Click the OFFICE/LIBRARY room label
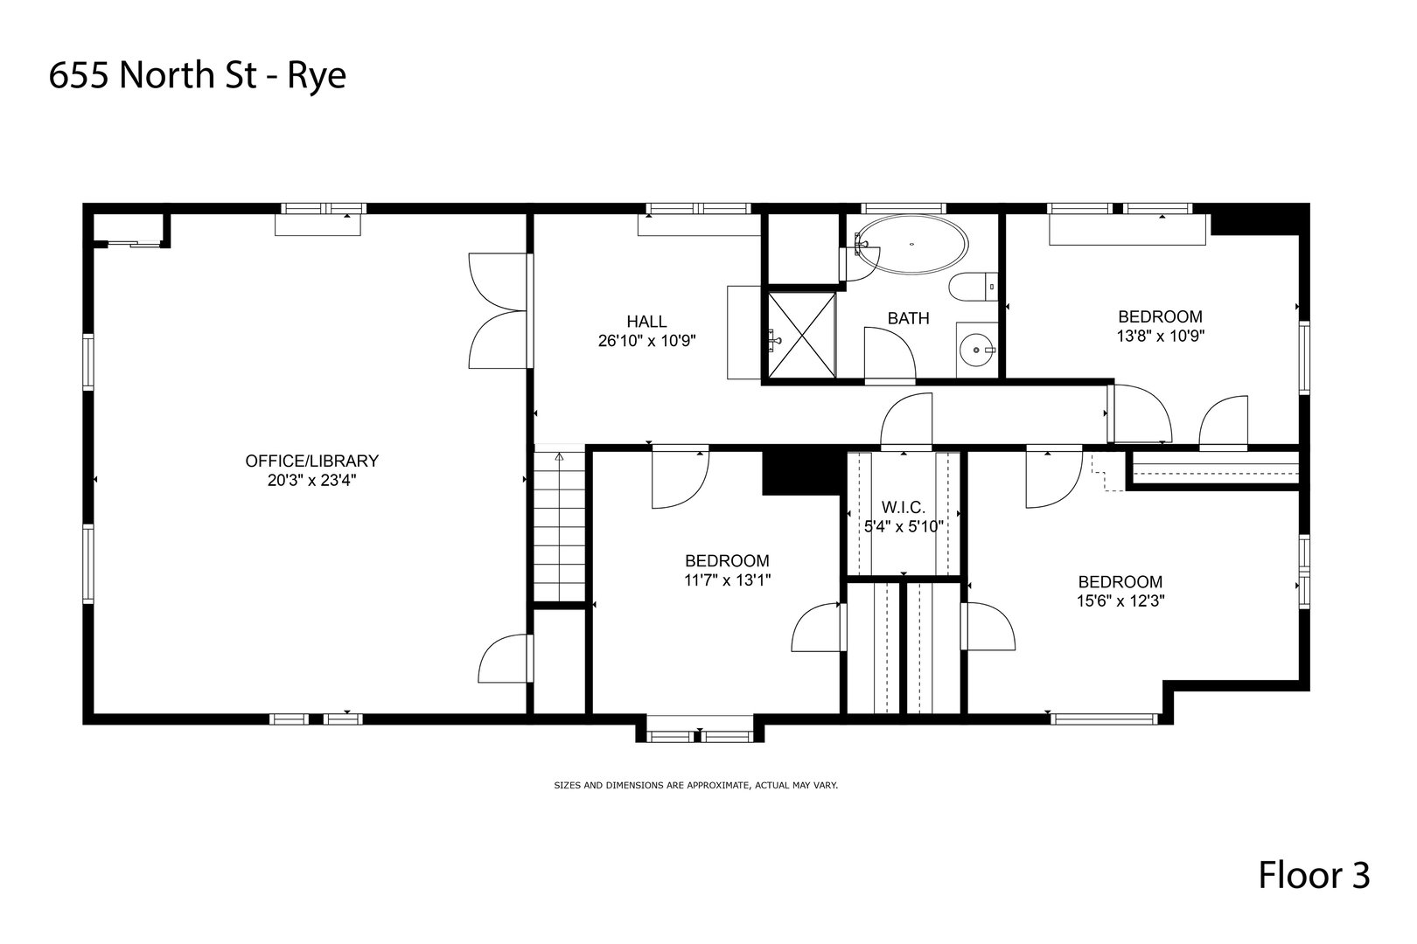(312, 461)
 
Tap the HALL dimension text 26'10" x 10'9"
(646, 342)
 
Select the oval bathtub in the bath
(911, 245)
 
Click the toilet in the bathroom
(973, 287)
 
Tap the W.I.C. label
(904, 507)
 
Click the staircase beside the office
(559, 524)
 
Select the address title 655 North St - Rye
(198, 77)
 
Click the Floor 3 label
(1314, 876)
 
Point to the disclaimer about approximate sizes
(696, 785)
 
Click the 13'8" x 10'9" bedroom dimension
(1160, 336)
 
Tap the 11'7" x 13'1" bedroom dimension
(727, 580)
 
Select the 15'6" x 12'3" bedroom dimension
(1120, 600)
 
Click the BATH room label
(909, 319)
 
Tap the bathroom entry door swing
(890, 356)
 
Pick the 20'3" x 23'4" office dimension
(312, 481)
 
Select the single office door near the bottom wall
(506, 658)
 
